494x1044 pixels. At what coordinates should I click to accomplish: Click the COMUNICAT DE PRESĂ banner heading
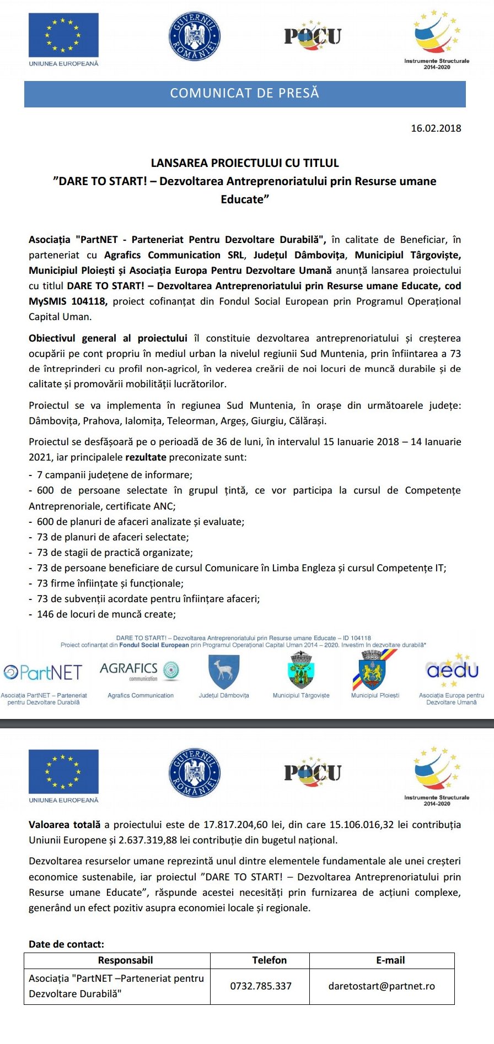tap(244, 93)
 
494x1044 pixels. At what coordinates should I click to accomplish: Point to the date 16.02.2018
tap(436, 128)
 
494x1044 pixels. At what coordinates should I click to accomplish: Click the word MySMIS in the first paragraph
tap(46, 301)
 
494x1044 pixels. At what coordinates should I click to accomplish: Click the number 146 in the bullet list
tap(45, 614)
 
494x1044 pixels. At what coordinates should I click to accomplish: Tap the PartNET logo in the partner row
tap(43, 672)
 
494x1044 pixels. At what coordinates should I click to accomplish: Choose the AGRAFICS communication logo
tap(140, 670)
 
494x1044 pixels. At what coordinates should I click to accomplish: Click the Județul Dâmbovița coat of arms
tap(223, 672)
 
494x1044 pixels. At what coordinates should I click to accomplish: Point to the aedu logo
tap(452, 670)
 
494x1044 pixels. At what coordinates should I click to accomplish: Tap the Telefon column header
tap(269, 960)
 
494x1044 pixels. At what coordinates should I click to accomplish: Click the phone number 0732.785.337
tap(260, 986)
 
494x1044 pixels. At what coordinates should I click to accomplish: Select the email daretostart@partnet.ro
tap(382, 986)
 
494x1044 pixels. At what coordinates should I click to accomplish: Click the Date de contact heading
tap(66, 944)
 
